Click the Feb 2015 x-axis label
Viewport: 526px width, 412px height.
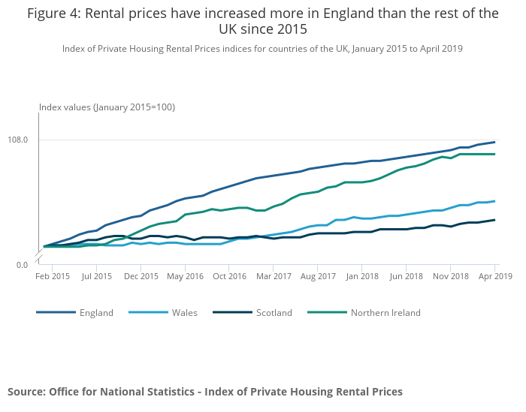tap(53, 276)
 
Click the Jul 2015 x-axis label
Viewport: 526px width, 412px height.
tap(97, 276)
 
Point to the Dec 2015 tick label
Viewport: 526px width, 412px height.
tap(141, 276)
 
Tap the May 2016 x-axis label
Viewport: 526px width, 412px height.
tap(185, 276)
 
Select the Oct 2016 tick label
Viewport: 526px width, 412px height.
tap(229, 276)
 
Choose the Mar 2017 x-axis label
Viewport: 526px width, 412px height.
tap(274, 276)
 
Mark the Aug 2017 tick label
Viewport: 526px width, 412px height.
tap(318, 276)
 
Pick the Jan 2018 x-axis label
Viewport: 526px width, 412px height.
tap(361, 276)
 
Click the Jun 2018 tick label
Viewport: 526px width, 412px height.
tap(406, 276)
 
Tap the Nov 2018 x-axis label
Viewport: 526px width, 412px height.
tap(450, 276)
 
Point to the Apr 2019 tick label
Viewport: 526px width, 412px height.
tap(494, 276)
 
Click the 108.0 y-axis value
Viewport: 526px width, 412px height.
tap(18, 140)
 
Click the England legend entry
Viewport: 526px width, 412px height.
tap(96, 313)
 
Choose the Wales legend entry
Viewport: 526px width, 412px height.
tap(184, 313)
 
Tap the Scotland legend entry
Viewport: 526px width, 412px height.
tap(274, 313)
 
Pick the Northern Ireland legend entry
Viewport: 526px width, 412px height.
tap(385, 313)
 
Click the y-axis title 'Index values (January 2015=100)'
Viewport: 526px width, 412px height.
tap(107, 107)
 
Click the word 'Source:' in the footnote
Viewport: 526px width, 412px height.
tap(26, 392)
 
